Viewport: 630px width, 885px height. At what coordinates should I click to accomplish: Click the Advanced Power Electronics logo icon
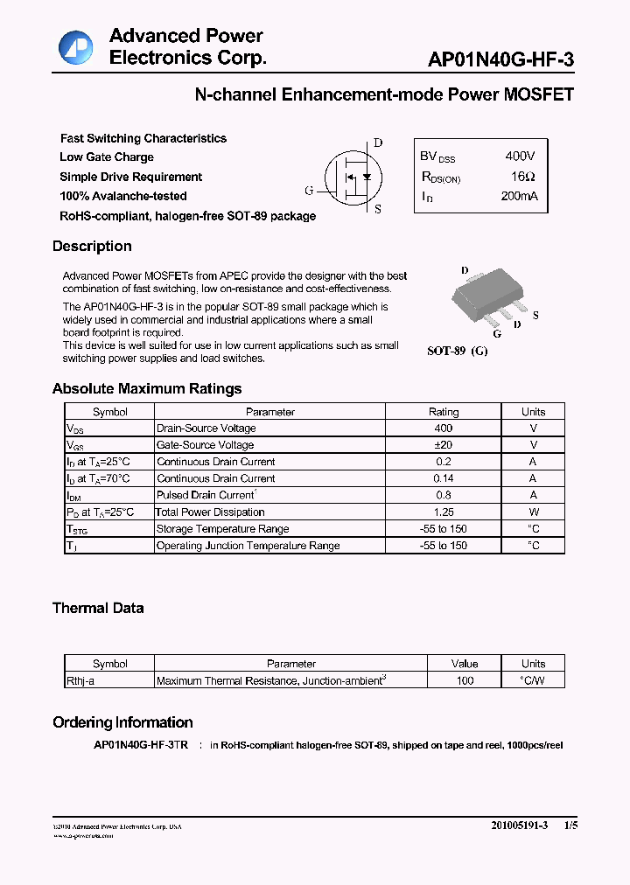coord(75,47)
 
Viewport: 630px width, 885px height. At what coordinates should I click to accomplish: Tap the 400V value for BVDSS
coord(520,157)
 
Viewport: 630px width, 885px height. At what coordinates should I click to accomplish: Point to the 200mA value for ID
coord(520,197)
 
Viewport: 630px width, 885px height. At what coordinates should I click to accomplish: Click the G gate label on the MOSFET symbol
coord(309,191)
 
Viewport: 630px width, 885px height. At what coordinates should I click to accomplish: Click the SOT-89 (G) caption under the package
coord(457,351)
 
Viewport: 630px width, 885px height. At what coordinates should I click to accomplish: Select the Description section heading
coord(92,247)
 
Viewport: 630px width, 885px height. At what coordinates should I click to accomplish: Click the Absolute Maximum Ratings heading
coord(147,389)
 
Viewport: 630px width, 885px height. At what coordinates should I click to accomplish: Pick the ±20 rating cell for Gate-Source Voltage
coord(443,445)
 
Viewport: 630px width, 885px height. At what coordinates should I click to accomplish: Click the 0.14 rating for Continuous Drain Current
coord(443,478)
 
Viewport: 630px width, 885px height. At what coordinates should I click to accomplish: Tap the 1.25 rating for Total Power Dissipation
coord(443,512)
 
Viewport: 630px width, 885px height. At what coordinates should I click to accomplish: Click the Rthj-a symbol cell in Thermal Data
coord(80,680)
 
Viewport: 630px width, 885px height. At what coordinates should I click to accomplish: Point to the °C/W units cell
coord(532,680)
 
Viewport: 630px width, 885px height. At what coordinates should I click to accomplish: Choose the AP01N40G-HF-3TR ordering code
coord(140,745)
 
